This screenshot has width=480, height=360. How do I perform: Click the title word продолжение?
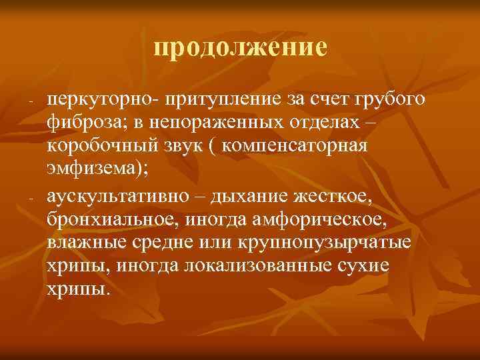(240, 47)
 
